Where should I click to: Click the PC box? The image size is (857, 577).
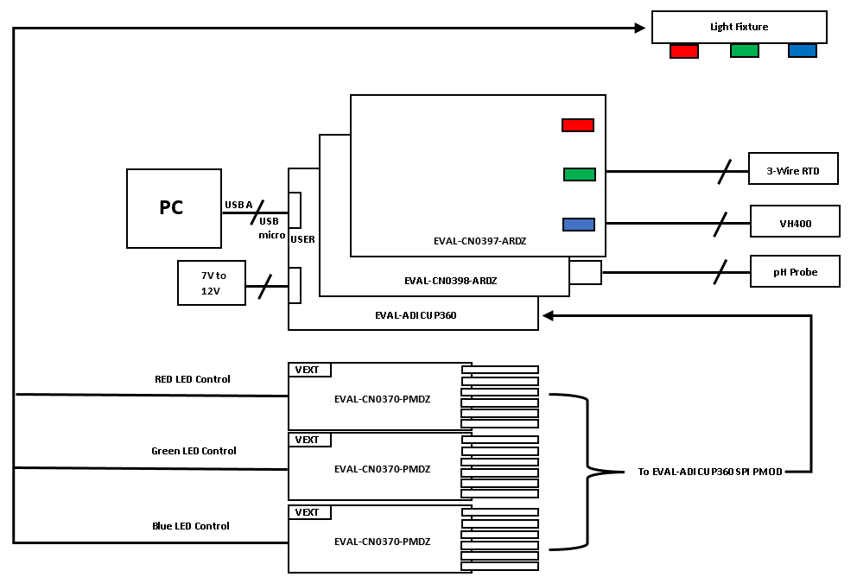click(174, 208)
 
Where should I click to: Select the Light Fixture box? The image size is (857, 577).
click(739, 27)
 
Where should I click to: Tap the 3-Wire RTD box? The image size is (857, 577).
click(793, 168)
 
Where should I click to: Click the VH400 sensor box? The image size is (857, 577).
click(795, 221)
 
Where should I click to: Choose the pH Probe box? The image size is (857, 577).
click(795, 271)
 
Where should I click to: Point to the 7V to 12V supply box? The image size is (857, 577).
click(212, 282)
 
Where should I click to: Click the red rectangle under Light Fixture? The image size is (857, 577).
click(683, 51)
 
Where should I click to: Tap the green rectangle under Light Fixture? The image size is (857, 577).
click(745, 51)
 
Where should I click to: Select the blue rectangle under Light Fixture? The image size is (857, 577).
click(803, 51)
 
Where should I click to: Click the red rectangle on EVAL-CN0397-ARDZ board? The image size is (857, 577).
click(578, 125)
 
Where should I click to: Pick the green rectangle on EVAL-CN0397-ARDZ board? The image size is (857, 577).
click(580, 174)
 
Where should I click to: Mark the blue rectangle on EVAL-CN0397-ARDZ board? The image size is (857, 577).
click(579, 224)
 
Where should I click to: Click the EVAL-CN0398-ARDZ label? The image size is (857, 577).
click(450, 281)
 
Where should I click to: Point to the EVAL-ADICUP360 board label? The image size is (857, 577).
click(416, 315)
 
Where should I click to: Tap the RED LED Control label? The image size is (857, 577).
click(193, 379)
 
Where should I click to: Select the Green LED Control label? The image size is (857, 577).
click(194, 451)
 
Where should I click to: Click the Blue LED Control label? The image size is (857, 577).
click(191, 526)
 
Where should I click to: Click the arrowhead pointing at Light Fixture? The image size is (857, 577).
click(640, 28)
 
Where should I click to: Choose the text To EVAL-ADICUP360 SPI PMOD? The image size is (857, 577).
click(710, 472)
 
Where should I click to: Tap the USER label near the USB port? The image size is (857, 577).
click(302, 239)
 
